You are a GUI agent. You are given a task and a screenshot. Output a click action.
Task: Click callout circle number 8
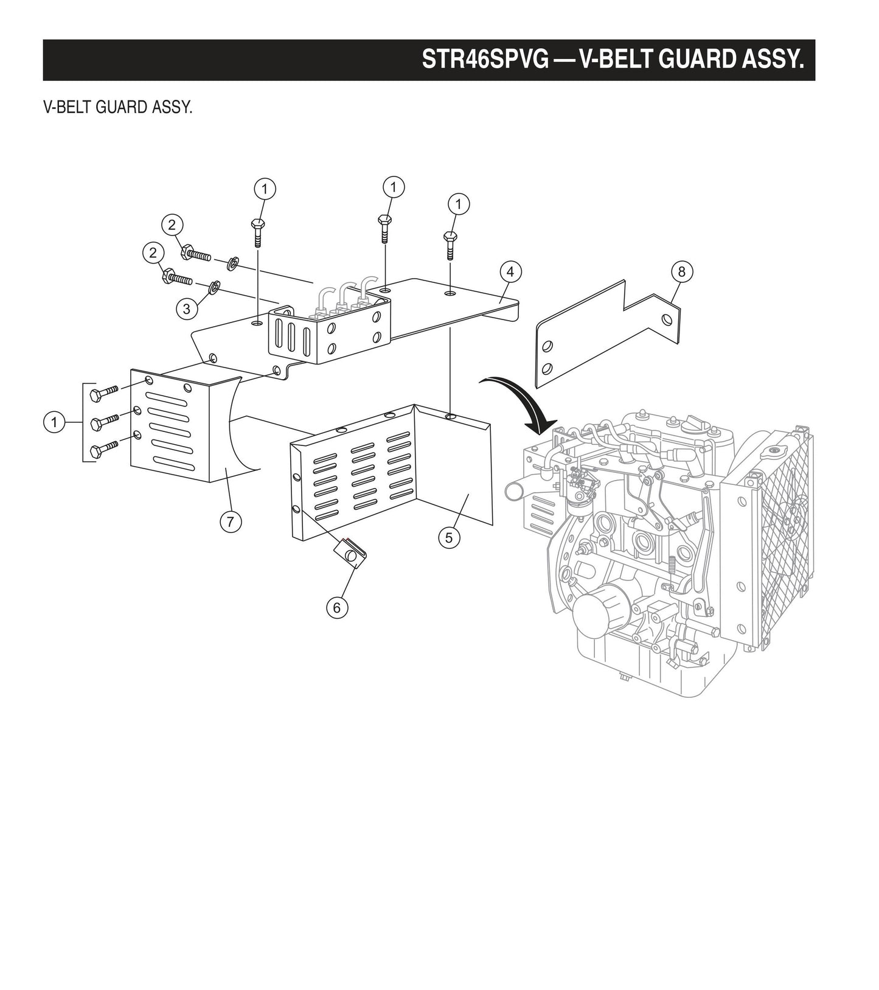coord(681,271)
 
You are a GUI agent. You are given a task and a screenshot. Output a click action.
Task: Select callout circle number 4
coord(510,271)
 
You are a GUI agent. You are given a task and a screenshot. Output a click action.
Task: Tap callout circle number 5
coord(449,537)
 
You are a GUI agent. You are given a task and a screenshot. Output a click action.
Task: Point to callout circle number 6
coord(337,607)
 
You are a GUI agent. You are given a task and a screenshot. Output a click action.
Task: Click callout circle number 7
coord(231,521)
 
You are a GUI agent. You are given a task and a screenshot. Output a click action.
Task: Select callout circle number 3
coord(186,309)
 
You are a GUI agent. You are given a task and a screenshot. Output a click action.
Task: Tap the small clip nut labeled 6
coord(353,553)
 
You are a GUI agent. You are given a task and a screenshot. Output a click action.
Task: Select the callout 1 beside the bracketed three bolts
coord(55,422)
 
